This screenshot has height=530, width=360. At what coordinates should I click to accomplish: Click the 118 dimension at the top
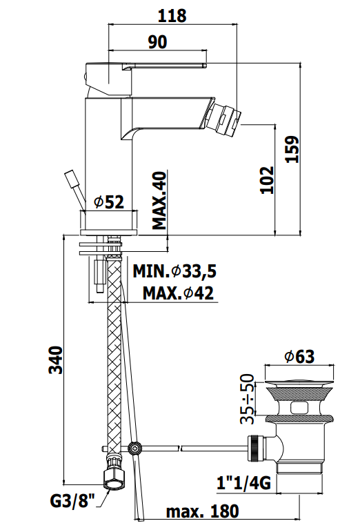click(172, 16)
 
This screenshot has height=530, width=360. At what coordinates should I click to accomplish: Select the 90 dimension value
click(158, 41)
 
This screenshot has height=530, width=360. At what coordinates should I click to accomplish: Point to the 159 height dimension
click(292, 149)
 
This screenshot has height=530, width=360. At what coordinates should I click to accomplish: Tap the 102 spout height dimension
click(267, 179)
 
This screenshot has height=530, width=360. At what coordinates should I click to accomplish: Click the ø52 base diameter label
click(109, 202)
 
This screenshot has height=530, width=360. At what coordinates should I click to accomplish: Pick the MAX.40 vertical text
click(160, 200)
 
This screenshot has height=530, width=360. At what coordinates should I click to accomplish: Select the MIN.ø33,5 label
click(174, 271)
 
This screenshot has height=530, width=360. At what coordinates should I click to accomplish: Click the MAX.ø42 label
click(179, 293)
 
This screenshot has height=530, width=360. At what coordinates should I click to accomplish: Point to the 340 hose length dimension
click(56, 360)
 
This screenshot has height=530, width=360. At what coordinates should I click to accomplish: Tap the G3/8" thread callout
click(72, 501)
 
